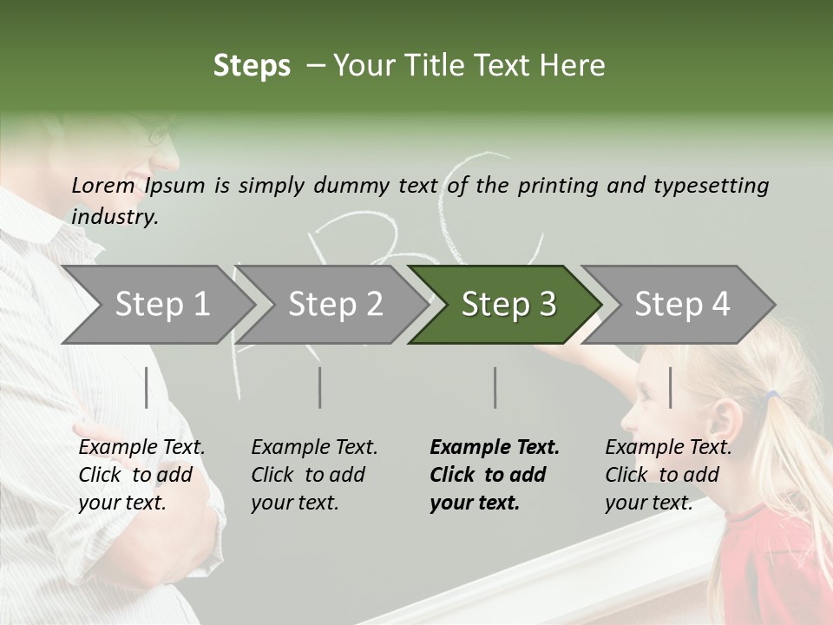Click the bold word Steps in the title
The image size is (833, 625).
coord(252,66)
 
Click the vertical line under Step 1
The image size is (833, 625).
coord(147,387)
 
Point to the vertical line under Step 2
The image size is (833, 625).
coord(320,387)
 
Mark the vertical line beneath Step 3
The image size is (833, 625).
coord(495,387)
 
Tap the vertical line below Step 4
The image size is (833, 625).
coord(670,387)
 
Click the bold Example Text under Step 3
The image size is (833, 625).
coord(495,475)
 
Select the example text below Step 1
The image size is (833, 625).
coord(141,475)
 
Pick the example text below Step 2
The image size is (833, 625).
coord(314,475)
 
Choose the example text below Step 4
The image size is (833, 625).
coord(668,475)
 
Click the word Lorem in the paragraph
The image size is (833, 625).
coord(102,185)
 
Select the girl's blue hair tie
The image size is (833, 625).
coord(771,396)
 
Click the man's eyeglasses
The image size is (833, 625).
coord(161,135)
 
